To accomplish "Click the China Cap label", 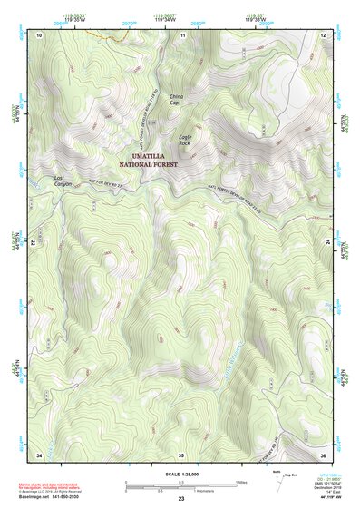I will point(176,98).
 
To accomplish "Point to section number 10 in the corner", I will point(39,34).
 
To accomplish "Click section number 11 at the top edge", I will point(182,34).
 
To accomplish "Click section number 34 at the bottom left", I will point(39,454).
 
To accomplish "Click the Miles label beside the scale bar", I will point(241,481).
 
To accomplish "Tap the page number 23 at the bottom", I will point(180,500).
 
